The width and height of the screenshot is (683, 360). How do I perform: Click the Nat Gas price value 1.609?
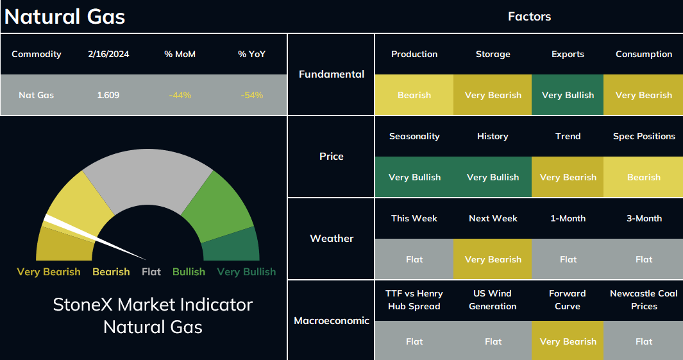108,95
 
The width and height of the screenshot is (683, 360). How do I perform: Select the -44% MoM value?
180,95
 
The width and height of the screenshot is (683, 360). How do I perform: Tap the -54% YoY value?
252,95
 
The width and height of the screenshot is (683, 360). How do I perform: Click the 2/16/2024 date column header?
108,54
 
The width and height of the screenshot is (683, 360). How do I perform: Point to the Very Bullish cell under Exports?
568,95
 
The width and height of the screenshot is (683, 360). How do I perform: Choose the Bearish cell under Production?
414,95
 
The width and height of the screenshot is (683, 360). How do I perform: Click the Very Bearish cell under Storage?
493,95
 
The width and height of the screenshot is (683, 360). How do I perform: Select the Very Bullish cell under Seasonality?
414,177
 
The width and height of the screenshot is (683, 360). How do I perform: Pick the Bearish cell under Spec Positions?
643,177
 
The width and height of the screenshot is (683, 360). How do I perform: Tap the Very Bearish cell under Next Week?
493,259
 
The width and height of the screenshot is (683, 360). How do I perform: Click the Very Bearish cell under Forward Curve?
568,341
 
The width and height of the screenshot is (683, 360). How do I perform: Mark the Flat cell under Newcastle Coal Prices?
643,341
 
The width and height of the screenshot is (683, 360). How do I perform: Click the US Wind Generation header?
493,300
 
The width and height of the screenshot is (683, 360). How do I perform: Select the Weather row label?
332,239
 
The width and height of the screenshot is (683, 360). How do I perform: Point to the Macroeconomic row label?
332,321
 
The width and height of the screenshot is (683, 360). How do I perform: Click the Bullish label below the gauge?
189,272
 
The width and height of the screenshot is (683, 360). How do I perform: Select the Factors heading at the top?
529,17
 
